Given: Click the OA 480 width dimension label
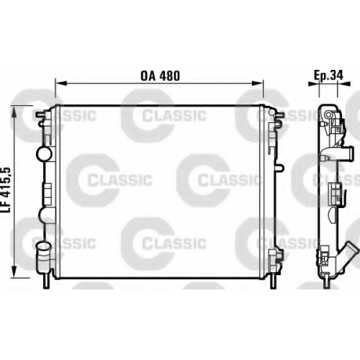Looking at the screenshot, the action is (x=160, y=76).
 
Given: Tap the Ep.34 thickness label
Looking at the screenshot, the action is (x=329, y=75).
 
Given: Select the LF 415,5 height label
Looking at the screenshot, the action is (x=6, y=190).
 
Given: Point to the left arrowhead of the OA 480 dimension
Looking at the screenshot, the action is (x=60, y=83).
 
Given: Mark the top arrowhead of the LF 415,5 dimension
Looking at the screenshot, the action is (x=14, y=112).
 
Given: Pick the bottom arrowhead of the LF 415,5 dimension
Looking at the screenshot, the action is (x=14, y=271).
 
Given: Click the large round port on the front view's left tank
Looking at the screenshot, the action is (x=44, y=154).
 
